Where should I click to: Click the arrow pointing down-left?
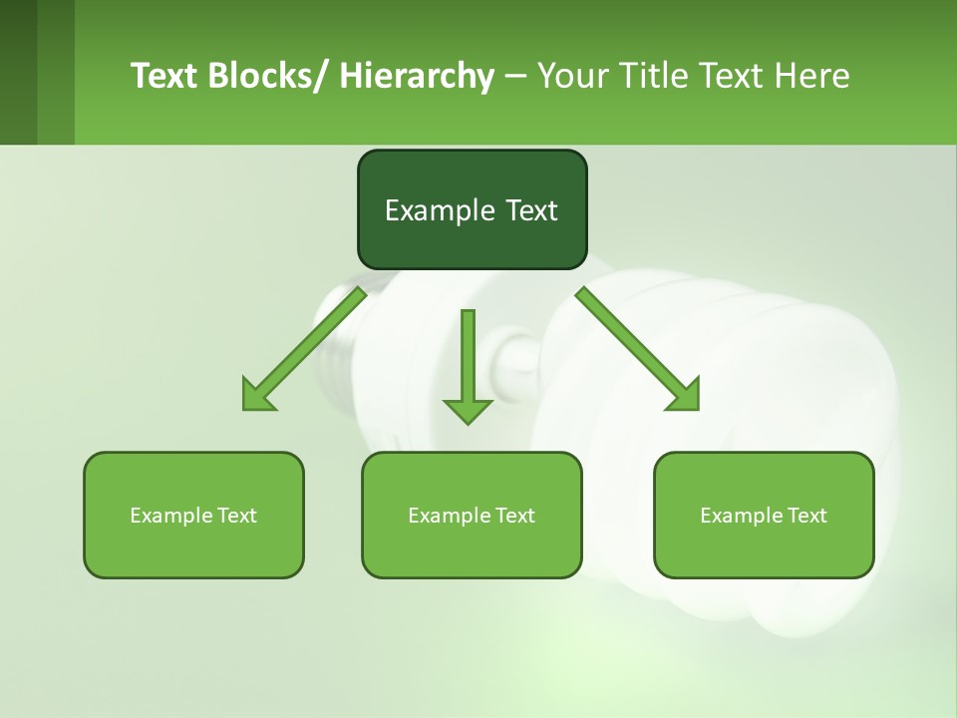point(304,349)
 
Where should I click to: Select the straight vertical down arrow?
point(468,359)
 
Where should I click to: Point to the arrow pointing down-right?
point(638,349)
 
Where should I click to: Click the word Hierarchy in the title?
point(417,77)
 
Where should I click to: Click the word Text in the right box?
point(806,516)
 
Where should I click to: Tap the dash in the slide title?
point(514,77)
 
